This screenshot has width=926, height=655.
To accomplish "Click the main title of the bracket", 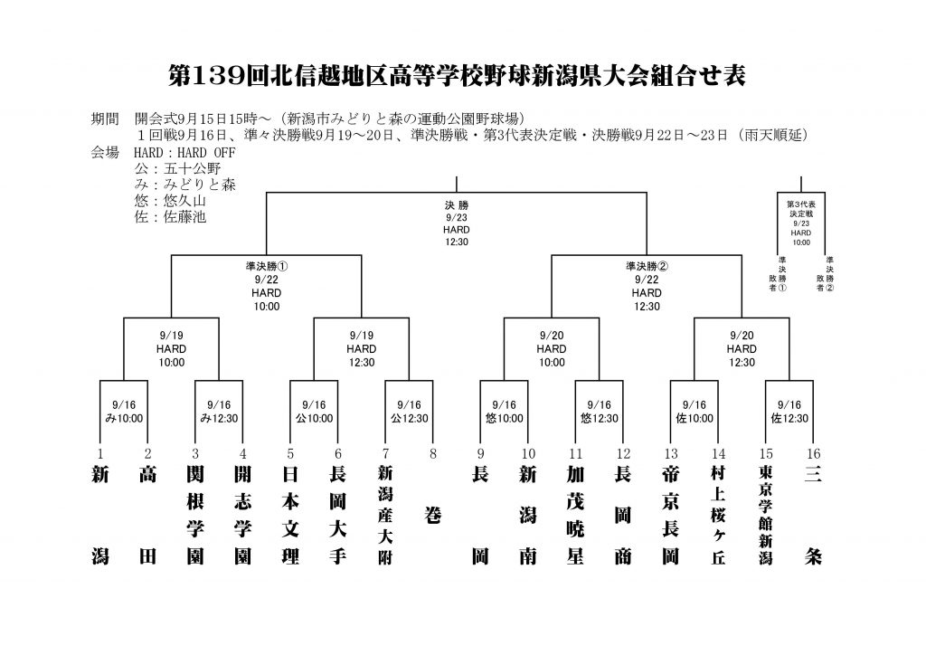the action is coord(457,76).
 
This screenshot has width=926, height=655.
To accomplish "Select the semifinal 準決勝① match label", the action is coord(267,287).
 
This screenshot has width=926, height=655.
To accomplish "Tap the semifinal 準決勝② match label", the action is coord(647,287).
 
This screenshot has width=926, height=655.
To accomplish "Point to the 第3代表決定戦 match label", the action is coord(801,223).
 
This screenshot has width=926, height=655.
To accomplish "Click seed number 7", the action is coord(385,453).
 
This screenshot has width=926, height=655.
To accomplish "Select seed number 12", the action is coord(623,453).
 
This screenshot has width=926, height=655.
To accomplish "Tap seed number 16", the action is coord(813,453).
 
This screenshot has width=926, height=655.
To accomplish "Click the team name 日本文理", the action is coord(290,515).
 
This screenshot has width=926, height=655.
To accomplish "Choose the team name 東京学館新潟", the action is coord(766,515).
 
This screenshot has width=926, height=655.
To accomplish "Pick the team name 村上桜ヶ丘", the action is coord(718,515).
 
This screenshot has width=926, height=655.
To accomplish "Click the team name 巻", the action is coord(433,516).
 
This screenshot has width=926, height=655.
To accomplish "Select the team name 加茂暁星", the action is coord(576,515).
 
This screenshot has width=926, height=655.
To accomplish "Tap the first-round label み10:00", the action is coord(124,419).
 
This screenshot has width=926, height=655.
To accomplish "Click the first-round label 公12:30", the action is coord(410,419).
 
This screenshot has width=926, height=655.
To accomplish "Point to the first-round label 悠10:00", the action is coord(505,419).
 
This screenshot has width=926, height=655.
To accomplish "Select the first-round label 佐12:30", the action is coord(789,419).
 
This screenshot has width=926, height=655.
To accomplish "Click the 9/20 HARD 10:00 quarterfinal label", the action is coord(552,349).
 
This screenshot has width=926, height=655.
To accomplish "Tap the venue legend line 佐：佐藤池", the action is coord(170,217).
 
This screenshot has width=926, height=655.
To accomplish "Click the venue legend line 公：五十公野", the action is coord(177,169).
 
